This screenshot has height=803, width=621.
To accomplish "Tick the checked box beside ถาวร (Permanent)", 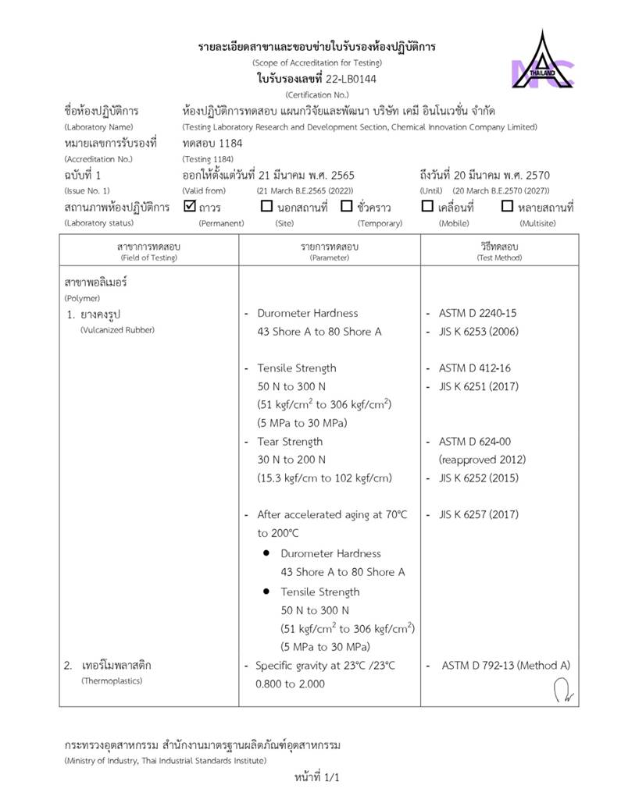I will [189, 207].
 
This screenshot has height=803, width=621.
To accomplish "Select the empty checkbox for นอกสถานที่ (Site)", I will [266, 207].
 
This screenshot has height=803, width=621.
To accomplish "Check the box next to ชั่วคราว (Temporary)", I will [347, 207].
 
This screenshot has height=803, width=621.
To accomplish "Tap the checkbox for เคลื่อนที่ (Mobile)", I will [427, 207].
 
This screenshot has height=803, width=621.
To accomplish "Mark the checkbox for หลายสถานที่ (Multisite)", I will [507, 207].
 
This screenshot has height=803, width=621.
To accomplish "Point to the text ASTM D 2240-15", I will [477, 313].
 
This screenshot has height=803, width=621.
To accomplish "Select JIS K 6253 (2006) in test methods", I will [478, 332].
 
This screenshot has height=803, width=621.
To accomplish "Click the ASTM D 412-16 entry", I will [474, 368].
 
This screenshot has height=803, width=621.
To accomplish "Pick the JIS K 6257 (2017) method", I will [478, 515].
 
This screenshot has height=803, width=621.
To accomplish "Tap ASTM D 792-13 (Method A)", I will [505, 666].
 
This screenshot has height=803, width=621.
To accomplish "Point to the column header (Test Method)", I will [498, 258].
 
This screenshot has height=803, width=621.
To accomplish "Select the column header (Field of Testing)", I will [148, 258].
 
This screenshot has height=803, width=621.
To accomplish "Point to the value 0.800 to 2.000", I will [290, 684].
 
